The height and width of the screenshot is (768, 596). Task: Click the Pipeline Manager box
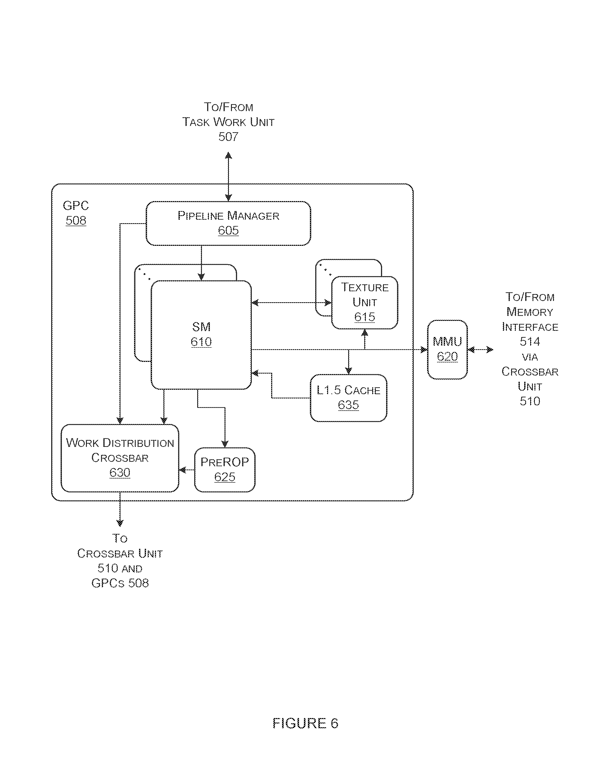[228, 223]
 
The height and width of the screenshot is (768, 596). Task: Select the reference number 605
[228, 231]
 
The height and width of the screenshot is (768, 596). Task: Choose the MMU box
[447, 349]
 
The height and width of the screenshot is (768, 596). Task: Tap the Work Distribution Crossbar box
[120, 458]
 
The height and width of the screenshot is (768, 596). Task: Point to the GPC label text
[75, 205]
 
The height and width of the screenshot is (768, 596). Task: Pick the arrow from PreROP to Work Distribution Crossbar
[186, 470]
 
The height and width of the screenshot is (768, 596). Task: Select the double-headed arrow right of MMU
[480, 349]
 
